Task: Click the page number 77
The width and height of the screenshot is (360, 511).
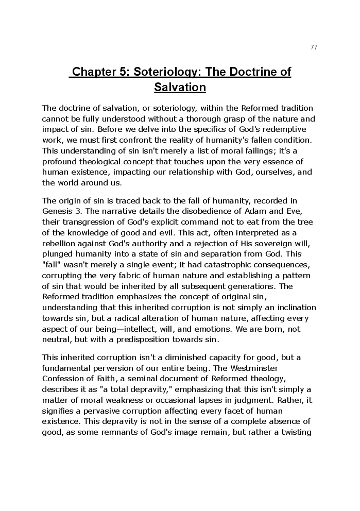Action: click(x=314, y=47)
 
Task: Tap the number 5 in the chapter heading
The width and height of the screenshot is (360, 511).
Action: click(x=124, y=72)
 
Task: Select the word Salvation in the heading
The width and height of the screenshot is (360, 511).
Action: click(x=180, y=87)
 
